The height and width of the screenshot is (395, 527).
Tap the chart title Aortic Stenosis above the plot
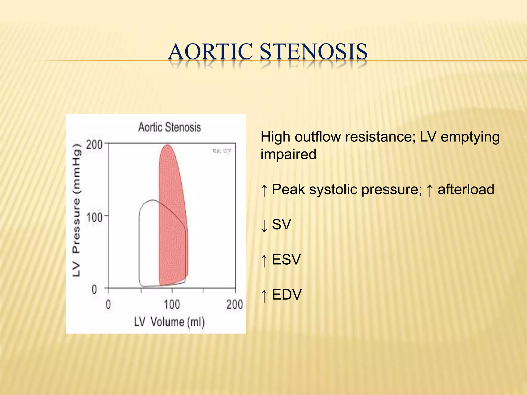pos(169,127)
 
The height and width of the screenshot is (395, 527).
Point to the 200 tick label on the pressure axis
pos(94,145)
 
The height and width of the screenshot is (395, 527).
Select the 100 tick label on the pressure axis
pos(94,218)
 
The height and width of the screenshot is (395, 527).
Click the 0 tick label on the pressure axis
pos(94,290)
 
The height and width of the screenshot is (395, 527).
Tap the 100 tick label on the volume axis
pos(172,305)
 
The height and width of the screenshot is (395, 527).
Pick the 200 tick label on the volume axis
pos(234,305)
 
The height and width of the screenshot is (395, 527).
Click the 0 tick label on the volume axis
pos(108,305)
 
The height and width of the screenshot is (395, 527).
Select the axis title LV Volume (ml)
pos(169,322)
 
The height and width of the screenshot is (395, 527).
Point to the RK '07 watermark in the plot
pos(221,151)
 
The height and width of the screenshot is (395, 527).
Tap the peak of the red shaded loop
pos(168,146)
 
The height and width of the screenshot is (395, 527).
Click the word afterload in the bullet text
pos(466,190)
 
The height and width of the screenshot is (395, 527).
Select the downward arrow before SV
pos(264,225)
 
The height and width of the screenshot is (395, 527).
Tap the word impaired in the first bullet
pos(288,154)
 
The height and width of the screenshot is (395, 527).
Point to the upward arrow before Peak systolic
pos(264,190)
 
